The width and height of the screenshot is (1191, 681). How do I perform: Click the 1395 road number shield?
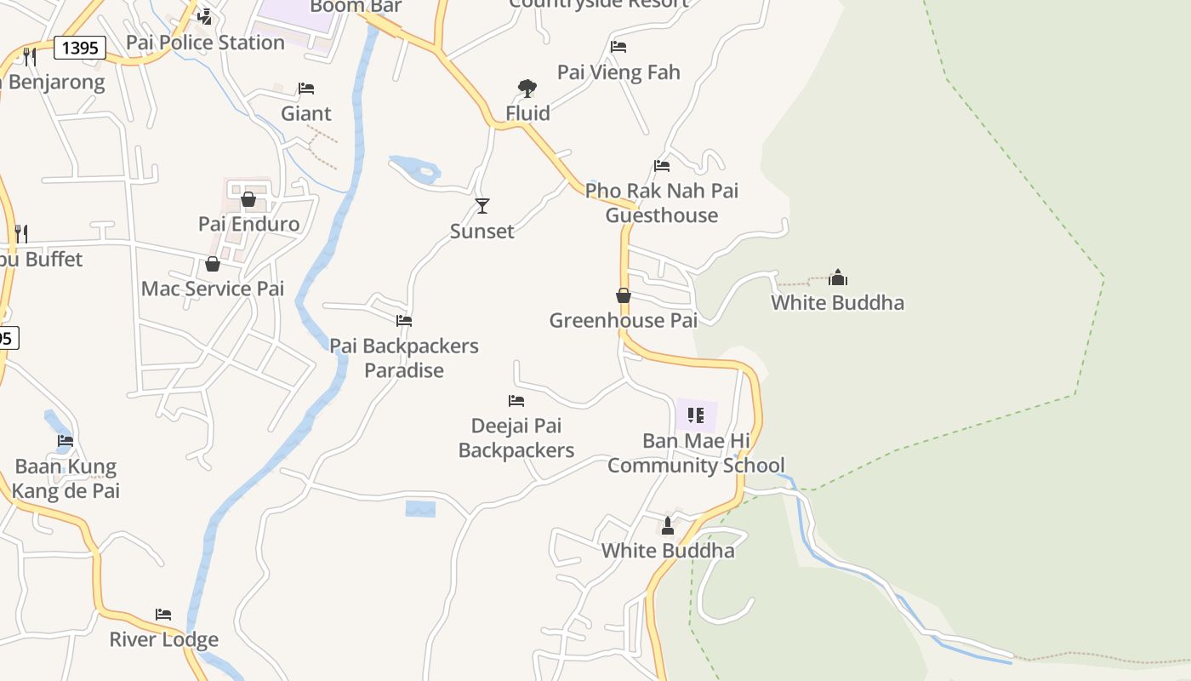80,48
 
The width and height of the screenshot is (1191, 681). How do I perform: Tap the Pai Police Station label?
205,43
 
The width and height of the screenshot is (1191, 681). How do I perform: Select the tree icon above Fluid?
527,88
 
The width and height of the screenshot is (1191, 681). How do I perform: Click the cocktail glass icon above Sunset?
482,205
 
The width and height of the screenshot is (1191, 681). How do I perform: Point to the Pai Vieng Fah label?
618,72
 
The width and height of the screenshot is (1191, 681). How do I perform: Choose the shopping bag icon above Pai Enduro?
248,199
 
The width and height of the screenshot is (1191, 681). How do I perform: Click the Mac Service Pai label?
213,289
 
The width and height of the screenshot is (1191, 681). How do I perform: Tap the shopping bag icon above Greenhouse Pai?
624,295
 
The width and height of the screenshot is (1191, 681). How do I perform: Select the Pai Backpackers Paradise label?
404,358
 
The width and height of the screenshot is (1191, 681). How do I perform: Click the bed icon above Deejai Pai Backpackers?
516,400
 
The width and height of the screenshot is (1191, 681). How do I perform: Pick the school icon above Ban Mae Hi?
696,415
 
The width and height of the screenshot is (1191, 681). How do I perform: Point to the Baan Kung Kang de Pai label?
66,478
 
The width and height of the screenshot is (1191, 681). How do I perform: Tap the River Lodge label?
163,639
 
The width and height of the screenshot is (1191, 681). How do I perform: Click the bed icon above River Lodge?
163,615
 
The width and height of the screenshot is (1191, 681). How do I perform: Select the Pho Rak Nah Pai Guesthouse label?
662,203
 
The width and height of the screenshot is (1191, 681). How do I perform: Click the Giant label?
306,113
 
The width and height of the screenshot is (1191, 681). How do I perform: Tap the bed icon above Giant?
306,89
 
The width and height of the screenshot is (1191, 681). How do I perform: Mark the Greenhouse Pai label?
623,321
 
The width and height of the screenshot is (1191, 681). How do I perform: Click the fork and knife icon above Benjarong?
30,57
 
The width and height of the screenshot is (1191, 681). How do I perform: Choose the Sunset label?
482,232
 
